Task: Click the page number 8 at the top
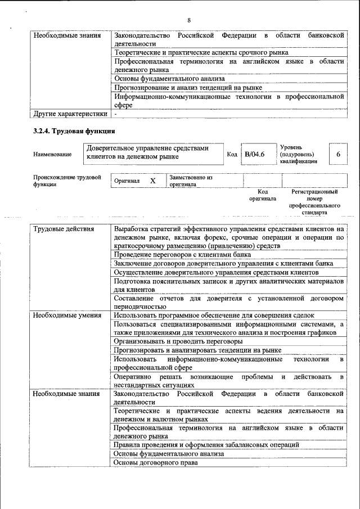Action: tap(189, 21)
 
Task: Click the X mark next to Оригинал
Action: tap(152, 181)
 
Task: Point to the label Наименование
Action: tap(52, 154)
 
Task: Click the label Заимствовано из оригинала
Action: tap(191, 181)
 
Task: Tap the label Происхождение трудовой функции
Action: tap(66, 181)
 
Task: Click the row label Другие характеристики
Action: tap(70, 114)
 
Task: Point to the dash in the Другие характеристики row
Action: tap(115, 114)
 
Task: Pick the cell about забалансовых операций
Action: tap(206, 445)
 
